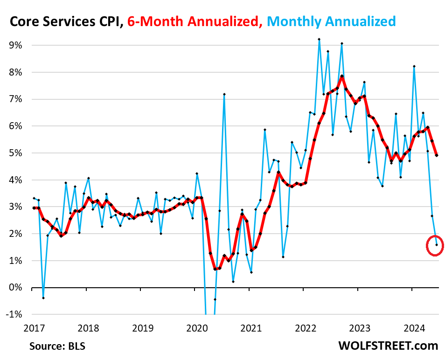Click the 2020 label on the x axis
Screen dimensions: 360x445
point(195,328)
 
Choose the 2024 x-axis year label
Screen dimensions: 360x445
point(412,328)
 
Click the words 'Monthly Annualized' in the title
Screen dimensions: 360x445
point(332,21)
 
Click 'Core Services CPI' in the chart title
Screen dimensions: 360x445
point(64,21)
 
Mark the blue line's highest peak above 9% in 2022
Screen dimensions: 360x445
point(319,39)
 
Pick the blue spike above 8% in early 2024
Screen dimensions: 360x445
point(414,66)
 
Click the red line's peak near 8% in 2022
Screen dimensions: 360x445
point(342,76)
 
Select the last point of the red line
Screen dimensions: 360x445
point(437,155)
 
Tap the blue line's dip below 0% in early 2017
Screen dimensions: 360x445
point(43,298)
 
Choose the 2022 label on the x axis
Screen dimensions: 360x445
point(304,328)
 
